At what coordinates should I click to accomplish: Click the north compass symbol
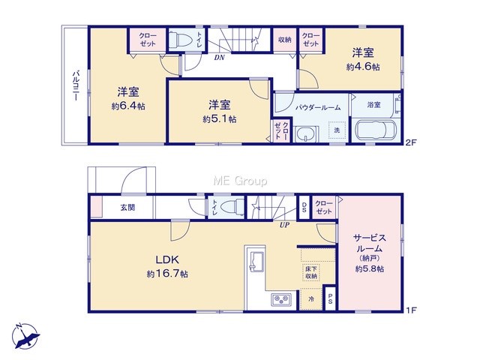25,336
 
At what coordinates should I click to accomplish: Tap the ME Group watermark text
240,181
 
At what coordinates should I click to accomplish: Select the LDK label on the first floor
167,260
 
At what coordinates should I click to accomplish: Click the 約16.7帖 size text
167,273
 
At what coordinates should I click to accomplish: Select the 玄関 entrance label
127,207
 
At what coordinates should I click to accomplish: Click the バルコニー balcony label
75,86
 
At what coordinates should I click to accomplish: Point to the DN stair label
219,57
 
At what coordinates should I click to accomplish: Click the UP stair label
284,225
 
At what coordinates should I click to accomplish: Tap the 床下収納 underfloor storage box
311,272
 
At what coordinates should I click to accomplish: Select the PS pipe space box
330,298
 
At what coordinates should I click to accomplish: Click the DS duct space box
304,208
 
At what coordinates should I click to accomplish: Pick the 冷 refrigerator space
311,298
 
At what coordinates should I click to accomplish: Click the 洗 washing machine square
337,130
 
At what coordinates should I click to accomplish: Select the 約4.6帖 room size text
363,67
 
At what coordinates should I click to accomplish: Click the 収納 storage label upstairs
285,40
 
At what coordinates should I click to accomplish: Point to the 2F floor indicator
411,142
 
